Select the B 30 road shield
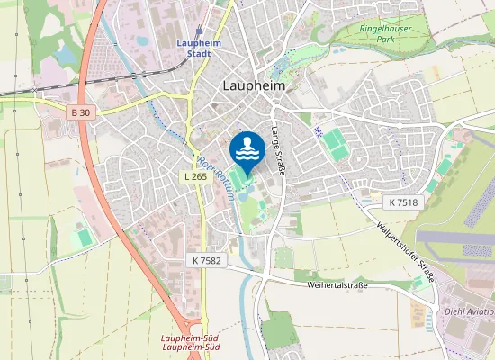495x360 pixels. pos(82,112)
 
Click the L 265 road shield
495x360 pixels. pos(195,176)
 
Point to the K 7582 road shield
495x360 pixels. pos(206,259)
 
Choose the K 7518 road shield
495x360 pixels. pos(404,202)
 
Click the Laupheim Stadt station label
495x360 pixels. pos(193,48)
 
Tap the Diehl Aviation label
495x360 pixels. pos(470,310)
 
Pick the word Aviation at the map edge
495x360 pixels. pos(481,310)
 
